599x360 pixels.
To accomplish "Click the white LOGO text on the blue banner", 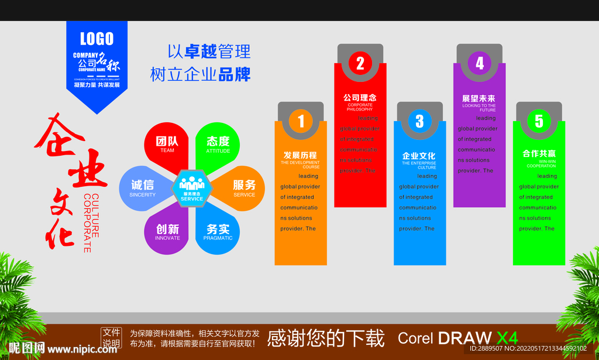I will pos(97,39).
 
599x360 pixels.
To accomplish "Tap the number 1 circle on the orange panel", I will pos(301,121).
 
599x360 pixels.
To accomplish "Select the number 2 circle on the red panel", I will pos(360,63).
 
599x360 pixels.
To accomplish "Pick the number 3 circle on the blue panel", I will pos(419,121).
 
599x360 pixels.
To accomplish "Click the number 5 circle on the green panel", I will pos(539,121).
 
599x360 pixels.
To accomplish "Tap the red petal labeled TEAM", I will pos(167,145).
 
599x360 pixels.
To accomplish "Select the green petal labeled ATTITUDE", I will pos(218,145).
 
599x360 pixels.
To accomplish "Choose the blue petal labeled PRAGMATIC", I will pos(218,232).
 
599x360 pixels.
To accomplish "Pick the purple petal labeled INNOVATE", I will pos(167,232).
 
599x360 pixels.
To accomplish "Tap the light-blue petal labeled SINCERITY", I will pos(142,188).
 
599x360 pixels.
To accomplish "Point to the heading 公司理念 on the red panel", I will pos(359,98).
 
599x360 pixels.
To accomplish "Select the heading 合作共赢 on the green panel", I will pos(539,154).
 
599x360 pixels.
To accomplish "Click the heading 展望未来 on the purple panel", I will pos(478,98).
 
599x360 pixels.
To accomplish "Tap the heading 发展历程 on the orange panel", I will pos(300,155).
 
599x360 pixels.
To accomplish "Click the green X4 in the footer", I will pos(507,338).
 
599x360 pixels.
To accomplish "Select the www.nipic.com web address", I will pos(82,349).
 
